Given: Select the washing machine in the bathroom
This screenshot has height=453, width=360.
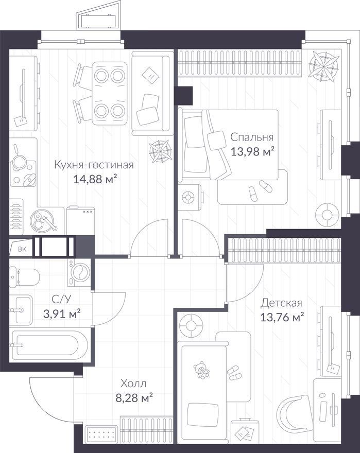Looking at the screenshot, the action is pos(79,272).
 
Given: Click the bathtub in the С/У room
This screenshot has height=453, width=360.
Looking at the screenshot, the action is pos(48,345).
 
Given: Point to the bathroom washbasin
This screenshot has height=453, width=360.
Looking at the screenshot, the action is pos(21,310).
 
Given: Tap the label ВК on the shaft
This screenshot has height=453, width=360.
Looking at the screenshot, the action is pos(22,249).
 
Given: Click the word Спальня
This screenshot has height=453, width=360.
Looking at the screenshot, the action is pos(252,137).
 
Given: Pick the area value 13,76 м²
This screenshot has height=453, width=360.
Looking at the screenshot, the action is pos(282,317).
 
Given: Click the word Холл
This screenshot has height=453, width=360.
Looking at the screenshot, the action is pos(133,384).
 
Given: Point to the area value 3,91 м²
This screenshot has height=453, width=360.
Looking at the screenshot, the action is pos(62,313).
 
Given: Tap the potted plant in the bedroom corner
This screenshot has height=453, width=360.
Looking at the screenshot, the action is pos(323,65).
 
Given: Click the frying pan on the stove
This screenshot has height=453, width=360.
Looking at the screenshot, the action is pos(18,159).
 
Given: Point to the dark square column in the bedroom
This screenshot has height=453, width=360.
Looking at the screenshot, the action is pos(185,96).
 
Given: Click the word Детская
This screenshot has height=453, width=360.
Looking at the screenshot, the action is pos(281,303).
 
